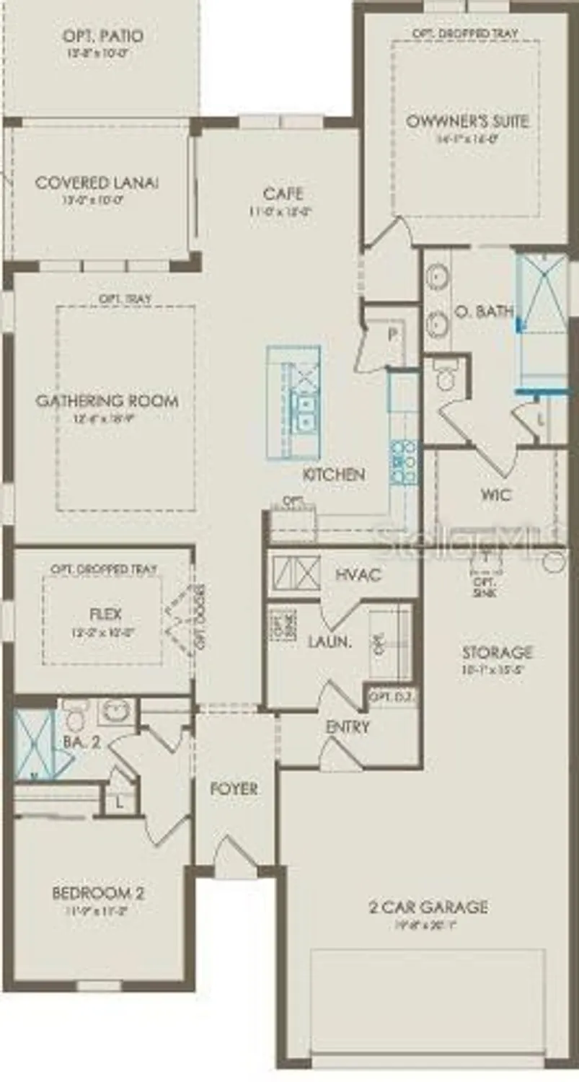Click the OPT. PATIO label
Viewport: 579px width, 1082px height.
(x=102, y=36)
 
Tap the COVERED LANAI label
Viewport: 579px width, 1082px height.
(x=97, y=182)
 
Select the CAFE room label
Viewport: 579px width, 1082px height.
(x=282, y=194)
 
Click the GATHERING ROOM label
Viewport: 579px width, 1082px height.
(x=107, y=401)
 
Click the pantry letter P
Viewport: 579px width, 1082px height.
(x=393, y=335)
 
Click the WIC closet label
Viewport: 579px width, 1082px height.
(x=495, y=496)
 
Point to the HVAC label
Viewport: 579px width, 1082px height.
(x=358, y=574)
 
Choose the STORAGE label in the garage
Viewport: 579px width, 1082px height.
(x=498, y=653)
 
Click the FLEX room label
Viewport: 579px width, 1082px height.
(x=105, y=615)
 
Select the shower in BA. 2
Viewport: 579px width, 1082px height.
(x=35, y=744)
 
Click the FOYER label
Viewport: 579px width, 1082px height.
(x=234, y=789)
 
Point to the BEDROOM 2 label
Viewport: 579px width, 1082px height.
(x=98, y=894)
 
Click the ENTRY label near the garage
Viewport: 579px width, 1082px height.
(x=348, y=727)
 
